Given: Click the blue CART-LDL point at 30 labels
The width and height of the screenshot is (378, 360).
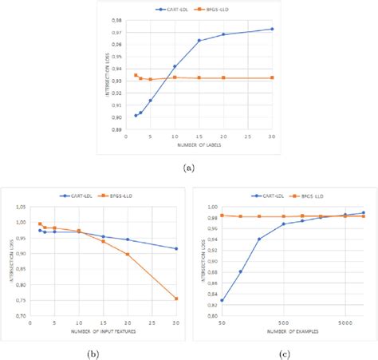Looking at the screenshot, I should point(273,29).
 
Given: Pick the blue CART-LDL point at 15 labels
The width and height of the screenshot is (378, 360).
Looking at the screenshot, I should point(199,41).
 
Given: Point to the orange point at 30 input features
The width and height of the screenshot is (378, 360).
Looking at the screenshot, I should point(177,299).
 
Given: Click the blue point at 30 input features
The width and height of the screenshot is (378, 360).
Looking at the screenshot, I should point(177,248).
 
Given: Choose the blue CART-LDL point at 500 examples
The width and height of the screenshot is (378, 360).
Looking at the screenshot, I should point(283,224).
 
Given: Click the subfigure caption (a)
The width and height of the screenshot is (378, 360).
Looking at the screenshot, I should point(188,168).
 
